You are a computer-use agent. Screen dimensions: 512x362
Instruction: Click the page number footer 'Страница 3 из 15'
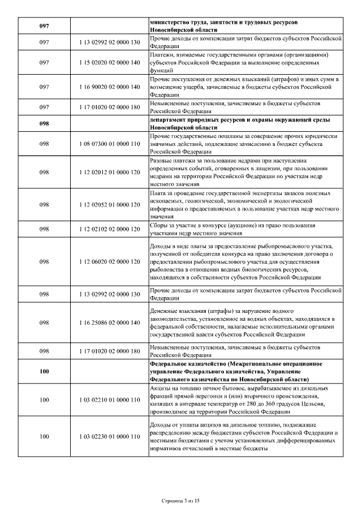(x=181, y=501)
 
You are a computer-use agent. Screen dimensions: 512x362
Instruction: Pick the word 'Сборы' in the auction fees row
(x=159, y=226)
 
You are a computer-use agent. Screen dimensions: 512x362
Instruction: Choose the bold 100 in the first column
(x=44, y=371)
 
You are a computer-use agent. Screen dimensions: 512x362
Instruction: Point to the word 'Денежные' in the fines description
(x=164, y=311)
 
